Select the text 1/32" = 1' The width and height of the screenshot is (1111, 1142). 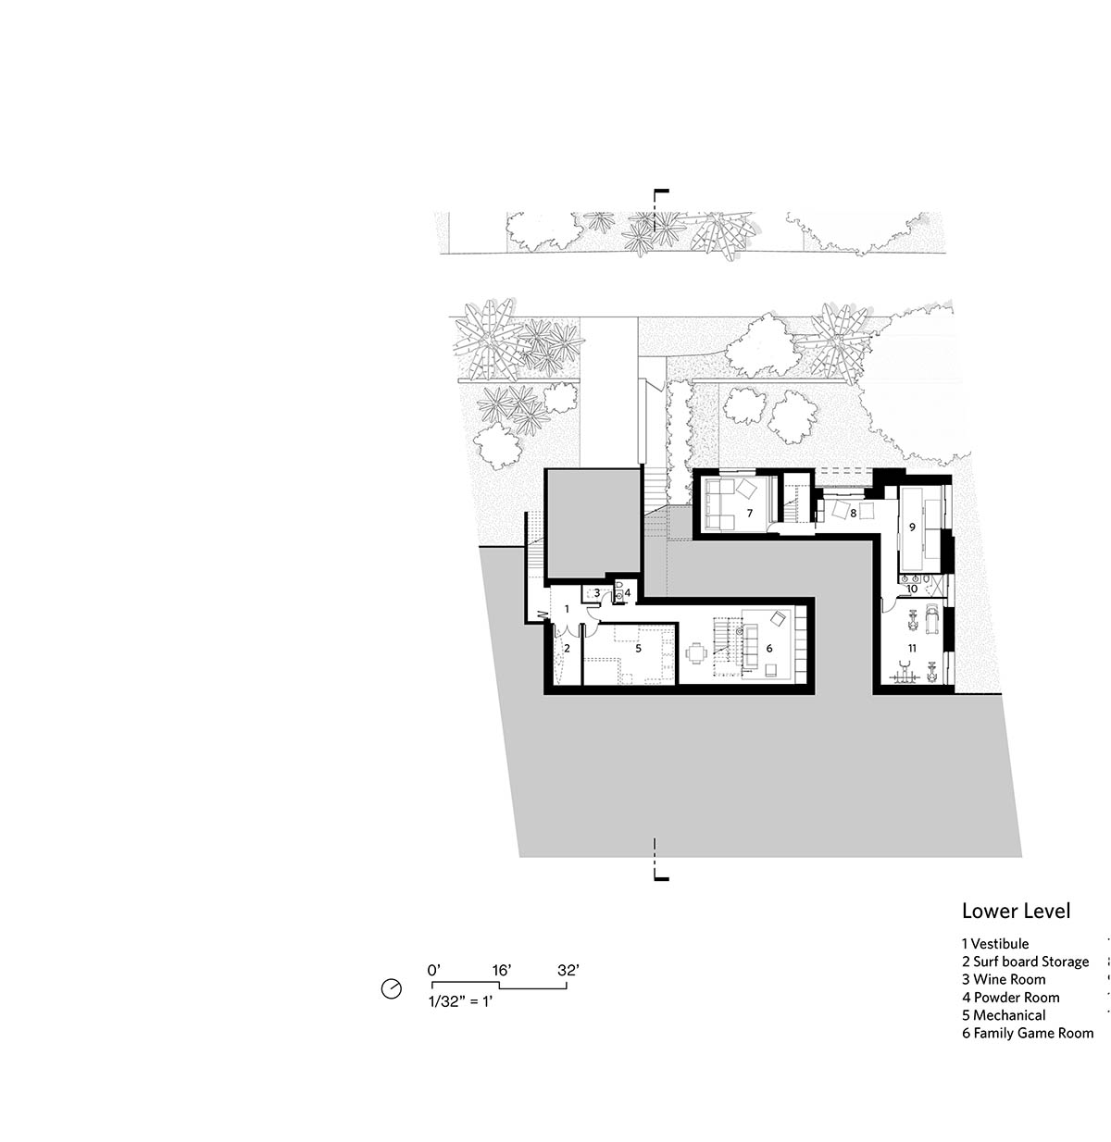coord(460,1001)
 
